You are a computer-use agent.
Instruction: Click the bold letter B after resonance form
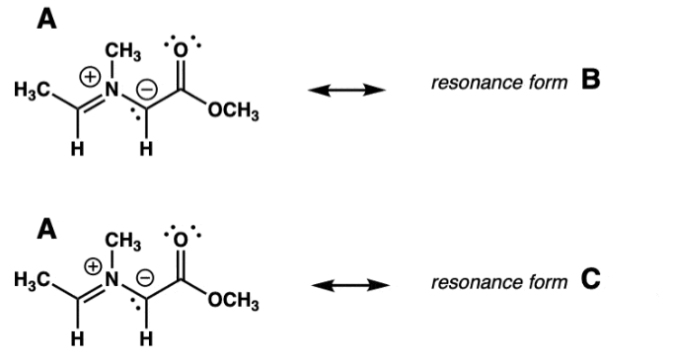tap(590, 79)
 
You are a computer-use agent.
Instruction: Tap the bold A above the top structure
tap(46, 19)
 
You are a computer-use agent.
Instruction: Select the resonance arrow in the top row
tap(347, 90)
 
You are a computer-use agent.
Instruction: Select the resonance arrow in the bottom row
tap(350, 285)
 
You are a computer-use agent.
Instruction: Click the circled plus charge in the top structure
tap(90, 77)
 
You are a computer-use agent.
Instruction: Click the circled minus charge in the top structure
tap(147, 90)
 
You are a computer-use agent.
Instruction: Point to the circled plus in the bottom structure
tap(93, 267)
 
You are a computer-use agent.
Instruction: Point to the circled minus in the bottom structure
tap(145, 278)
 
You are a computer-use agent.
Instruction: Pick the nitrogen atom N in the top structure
tap(112, 90)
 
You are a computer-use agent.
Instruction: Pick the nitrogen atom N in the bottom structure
tap(112, 280)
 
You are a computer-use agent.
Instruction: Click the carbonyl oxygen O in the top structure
tap(181, 50)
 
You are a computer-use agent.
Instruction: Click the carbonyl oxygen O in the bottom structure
tap(181, 241)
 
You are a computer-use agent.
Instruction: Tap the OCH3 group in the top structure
tap(234, 111)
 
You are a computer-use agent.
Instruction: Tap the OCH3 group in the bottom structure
tap(234, 302)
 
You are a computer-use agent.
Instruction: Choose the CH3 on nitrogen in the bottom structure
tap(123, 241)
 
